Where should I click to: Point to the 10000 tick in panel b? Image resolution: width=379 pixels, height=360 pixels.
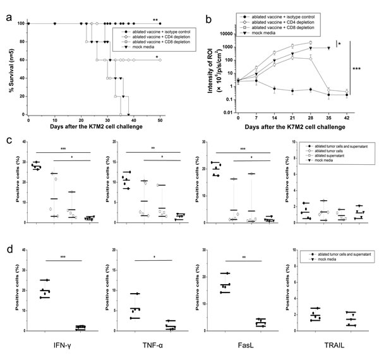[x=223, y=27]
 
